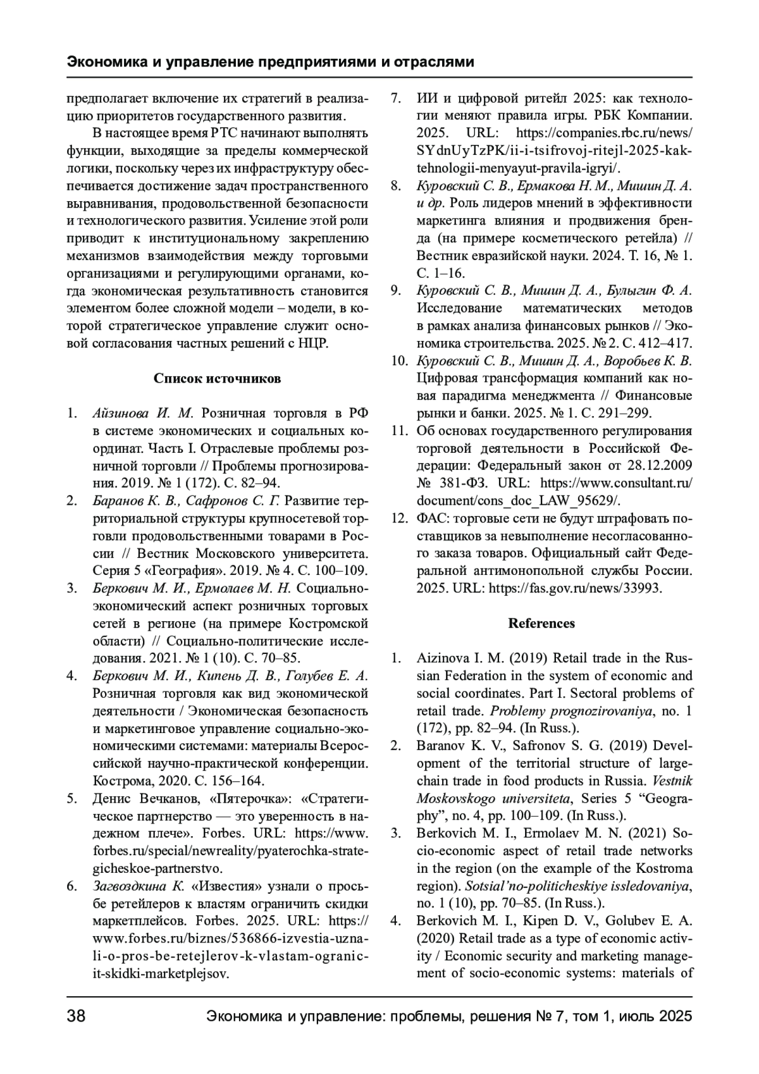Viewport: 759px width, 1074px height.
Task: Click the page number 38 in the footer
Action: [x=77, y=1016]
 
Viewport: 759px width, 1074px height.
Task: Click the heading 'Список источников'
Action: [x=217, y=379]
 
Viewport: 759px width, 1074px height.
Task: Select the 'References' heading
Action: [x=541, y=623]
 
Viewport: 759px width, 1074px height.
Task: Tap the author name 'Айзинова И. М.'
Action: [x=142, y=414]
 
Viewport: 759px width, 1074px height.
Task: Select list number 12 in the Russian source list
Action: [x=398, y=519]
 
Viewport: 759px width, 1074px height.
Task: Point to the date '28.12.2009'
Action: [x=660, y=466]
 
